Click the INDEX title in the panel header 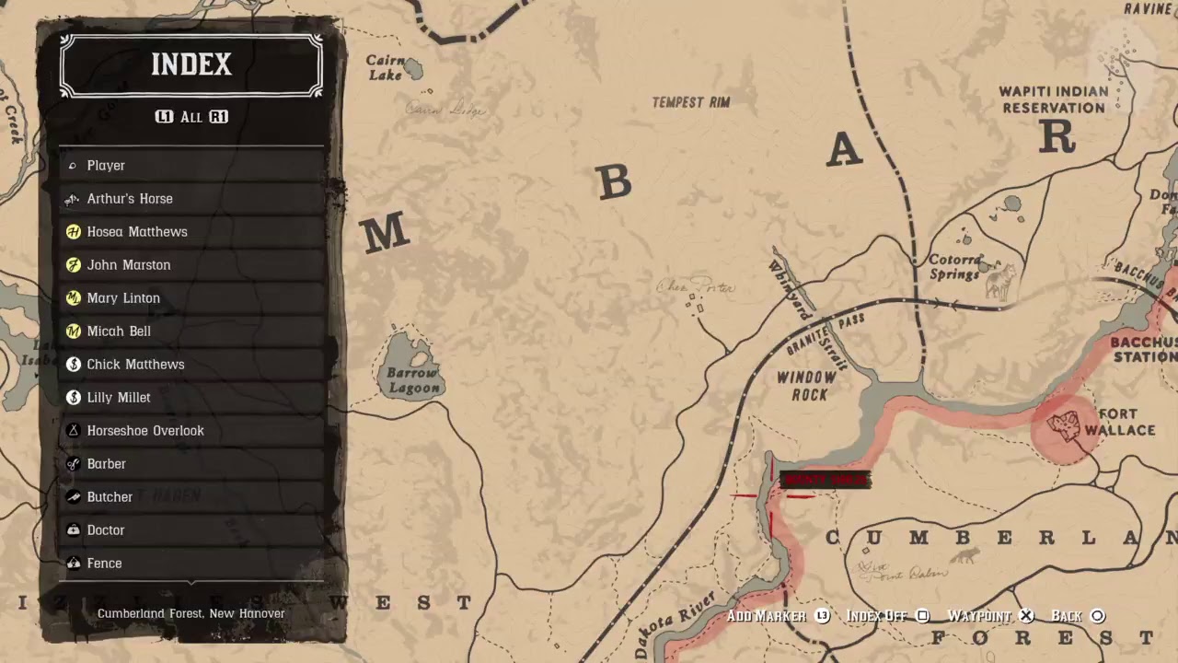191,64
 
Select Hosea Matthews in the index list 137,232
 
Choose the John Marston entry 129,265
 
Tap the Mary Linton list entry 123,298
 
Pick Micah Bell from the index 119,331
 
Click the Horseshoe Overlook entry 145,431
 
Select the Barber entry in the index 107,464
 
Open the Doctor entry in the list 106,530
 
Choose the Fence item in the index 104,564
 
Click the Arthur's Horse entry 130,199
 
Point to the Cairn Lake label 386,67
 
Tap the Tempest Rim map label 690,102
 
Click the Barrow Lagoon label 412,380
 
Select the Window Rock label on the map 806,386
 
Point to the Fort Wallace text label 1119,422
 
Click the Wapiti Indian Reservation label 1053,99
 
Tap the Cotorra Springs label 954,267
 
